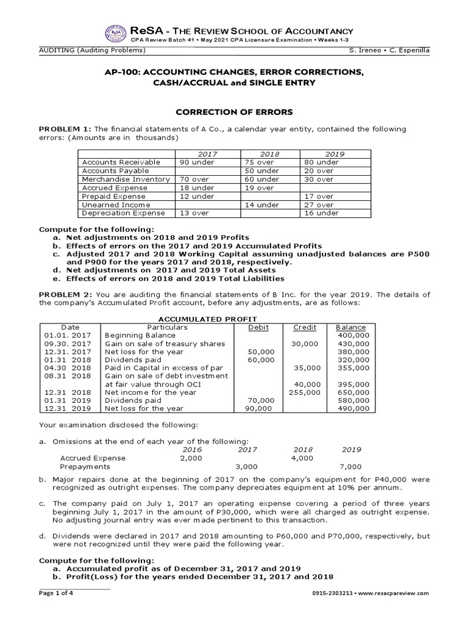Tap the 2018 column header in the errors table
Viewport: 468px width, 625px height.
[x=269, y=154]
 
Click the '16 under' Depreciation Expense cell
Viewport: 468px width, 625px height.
[x=317, y=213]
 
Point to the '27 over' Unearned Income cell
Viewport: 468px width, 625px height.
[x=314, y=205]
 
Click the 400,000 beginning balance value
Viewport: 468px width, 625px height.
[x=352, y=335]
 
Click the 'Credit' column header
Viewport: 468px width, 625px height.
[x=305, y=327]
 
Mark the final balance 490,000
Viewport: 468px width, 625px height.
[x=352, y=408]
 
